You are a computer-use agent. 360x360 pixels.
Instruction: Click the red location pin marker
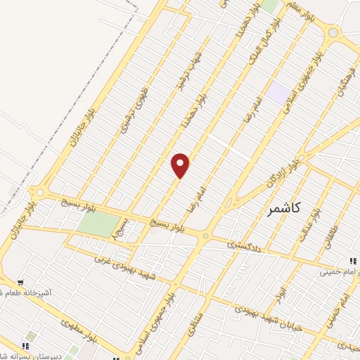(x=181, y=165)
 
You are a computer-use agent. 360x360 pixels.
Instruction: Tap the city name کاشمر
(x=285, y=208)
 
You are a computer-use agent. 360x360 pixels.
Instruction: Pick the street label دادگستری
(x=243, y=245)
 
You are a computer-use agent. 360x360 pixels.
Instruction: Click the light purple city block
(x=278, y=94)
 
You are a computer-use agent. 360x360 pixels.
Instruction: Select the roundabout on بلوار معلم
(x=333, y=32)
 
